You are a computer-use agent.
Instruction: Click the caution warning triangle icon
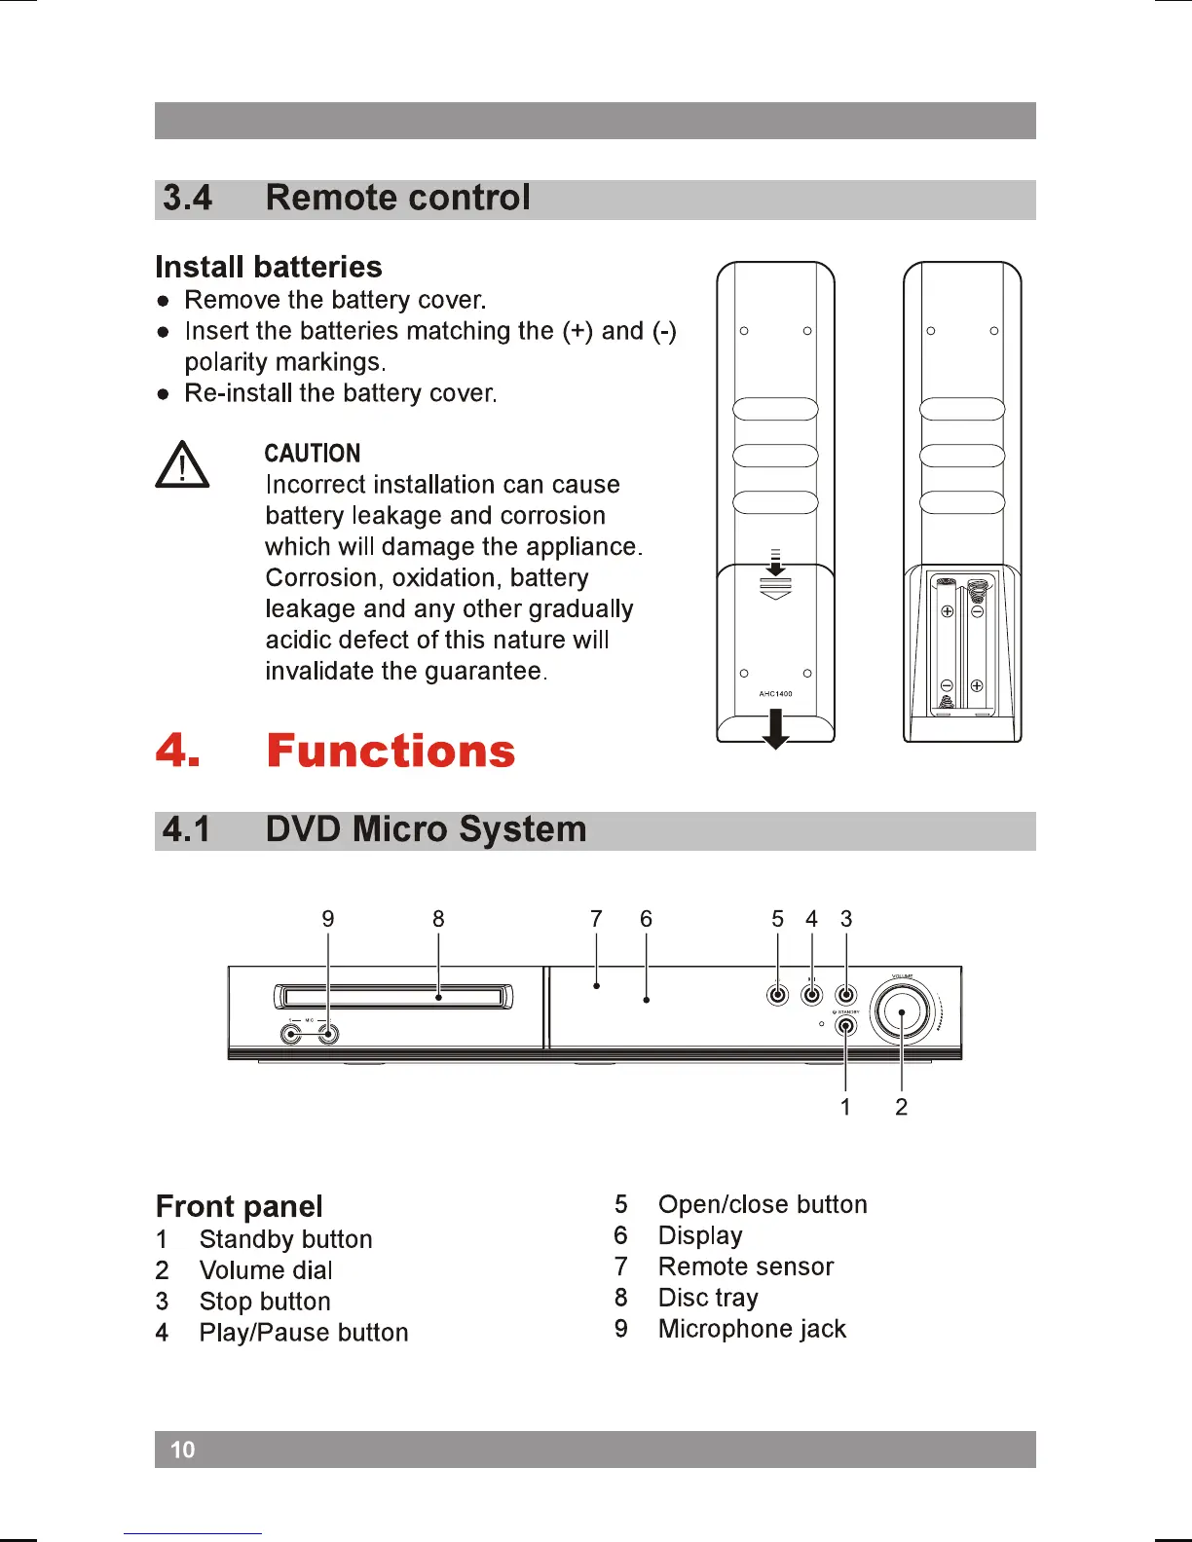tap(182, 465)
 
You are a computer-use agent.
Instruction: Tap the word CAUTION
tap(312, 454)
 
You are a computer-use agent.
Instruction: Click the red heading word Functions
tap(391, 752)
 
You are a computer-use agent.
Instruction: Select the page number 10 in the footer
tap(183, 1450)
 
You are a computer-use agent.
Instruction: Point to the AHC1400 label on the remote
tap(775, 694)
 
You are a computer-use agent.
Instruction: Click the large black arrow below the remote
tap(775, 728)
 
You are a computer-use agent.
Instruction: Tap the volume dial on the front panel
tap(903, 1012)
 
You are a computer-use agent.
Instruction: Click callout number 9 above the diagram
tap(328, 919)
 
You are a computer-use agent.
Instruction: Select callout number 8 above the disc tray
tap(438, 919)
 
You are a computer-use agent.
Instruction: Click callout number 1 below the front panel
tap(845, 1107)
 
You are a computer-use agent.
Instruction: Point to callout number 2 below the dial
tap(902, 1107)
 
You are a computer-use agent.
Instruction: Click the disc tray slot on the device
tap(393, 996)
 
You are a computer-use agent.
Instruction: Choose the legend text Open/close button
tap(763, 1204)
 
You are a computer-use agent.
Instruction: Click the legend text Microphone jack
tap(752, 1329)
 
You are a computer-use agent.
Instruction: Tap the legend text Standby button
tap(285, 1239)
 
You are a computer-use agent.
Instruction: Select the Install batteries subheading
tap(269, 267)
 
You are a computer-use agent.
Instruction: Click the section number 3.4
tap(187, 198)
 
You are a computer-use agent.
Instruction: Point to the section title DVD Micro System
tap(426, 829)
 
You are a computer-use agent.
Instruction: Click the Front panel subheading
tap(240, 1206)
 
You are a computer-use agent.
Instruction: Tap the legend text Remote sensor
tap(746, 1267)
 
